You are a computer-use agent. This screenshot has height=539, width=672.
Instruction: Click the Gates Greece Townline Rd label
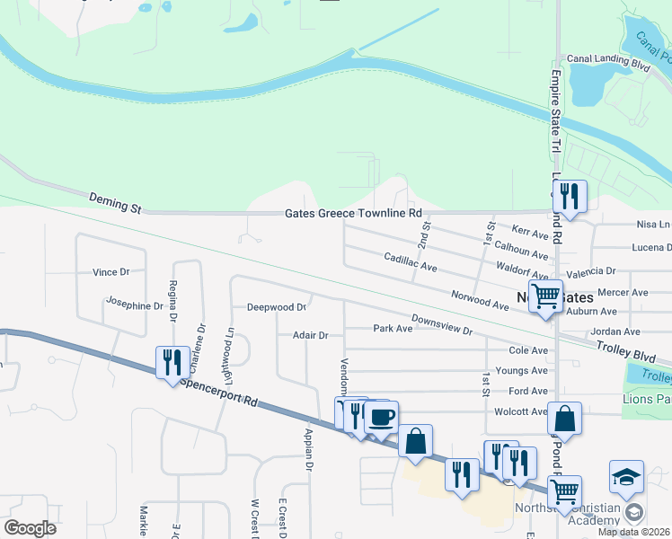coord(353,214)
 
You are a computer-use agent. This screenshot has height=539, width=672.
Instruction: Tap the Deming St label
coord(116,202)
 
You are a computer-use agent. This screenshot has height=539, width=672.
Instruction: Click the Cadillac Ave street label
coord(410,262)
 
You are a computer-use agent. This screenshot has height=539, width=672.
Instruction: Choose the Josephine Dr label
coord(135,305)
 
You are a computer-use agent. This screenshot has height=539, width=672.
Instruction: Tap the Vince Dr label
coord(111,271)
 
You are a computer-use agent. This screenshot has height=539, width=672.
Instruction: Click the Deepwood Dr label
coord(277,307)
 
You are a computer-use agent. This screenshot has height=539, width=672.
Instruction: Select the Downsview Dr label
coord(442,324)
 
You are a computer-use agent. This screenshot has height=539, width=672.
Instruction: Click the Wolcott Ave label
coord(520,411)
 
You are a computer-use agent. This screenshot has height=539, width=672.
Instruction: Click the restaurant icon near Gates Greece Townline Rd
coord(570,195)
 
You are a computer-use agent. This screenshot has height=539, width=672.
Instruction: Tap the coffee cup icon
coord(382,417)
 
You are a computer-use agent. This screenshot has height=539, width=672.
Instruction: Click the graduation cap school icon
coord(626,477)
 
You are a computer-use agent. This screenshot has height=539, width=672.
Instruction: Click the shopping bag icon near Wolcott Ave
coord(564,419)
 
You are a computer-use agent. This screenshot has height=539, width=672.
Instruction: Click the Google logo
coord(30,528)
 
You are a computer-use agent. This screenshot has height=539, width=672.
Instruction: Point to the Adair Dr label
coord(311,335)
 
